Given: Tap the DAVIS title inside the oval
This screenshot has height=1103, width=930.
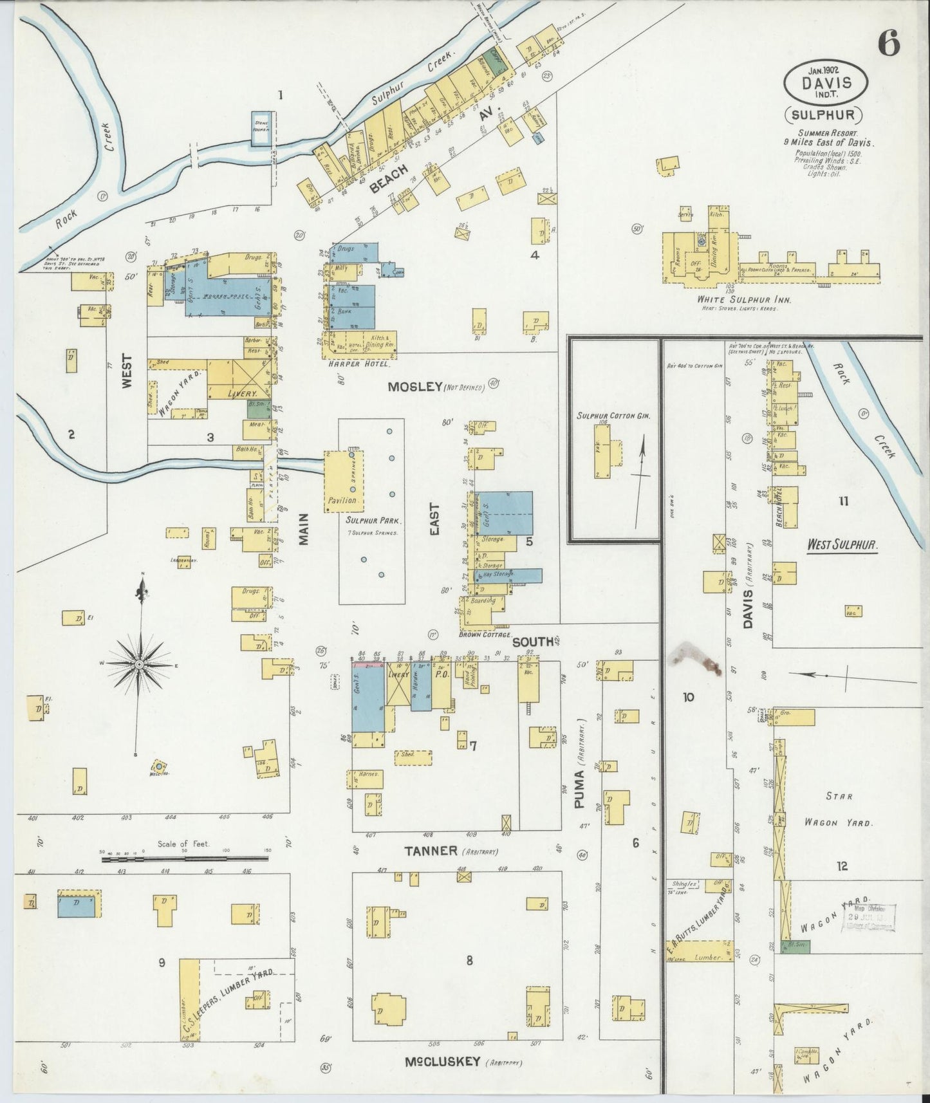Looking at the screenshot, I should pos(826,82).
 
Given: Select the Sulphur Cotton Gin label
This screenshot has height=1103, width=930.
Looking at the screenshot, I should pos(614,416).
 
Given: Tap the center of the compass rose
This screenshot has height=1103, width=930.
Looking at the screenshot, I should pos(139,663).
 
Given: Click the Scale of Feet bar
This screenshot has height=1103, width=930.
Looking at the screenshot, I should pos(185,858).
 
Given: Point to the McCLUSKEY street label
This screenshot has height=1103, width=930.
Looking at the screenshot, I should pos(442,1061).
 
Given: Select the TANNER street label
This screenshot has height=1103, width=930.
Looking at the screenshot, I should pos(431,851).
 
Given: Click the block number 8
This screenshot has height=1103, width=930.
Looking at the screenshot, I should pos(470,960).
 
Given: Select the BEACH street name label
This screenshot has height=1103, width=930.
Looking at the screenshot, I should pos(389,180).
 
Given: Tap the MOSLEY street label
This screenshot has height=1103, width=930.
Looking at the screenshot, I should pos(414,387).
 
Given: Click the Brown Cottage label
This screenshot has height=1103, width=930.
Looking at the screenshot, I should pos(485,635).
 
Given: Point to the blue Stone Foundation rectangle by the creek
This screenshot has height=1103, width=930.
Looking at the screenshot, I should pos(262,129).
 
